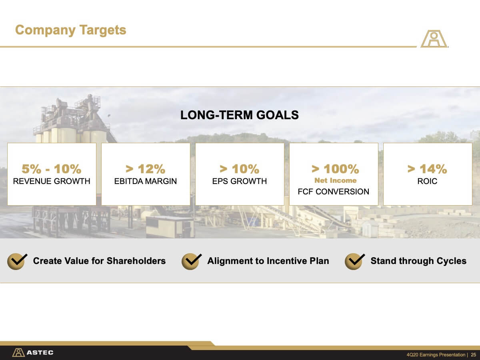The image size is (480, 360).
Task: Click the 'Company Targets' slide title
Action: (71, 30)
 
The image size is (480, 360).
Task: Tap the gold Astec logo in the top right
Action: (434, 39)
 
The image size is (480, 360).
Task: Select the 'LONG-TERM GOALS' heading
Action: (240, 115)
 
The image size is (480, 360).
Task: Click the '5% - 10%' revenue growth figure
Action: (52, 169)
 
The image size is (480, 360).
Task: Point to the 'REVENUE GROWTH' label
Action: (52, 181)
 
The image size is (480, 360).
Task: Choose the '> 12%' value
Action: (146, 169)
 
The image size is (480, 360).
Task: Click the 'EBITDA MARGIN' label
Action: (146, 181)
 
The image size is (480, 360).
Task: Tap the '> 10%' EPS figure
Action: (240, 169)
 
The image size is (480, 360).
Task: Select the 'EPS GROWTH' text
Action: (240, 181)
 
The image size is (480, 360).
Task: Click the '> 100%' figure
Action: (335, 169)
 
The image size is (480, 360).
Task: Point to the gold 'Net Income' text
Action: (336, 180)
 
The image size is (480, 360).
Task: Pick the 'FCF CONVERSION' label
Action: (334, 192)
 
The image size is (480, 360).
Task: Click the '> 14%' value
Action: (427, 169)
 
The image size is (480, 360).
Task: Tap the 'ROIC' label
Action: (427, 181)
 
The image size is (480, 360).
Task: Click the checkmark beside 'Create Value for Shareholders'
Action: (17, 262)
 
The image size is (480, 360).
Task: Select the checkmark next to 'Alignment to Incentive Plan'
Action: (191, 262)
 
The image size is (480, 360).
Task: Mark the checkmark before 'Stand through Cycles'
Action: (354, 262)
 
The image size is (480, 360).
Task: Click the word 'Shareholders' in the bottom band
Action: (136, 261)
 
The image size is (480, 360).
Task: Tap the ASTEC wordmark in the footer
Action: (40, 352)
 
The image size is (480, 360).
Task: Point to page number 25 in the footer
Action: (474, 355)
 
